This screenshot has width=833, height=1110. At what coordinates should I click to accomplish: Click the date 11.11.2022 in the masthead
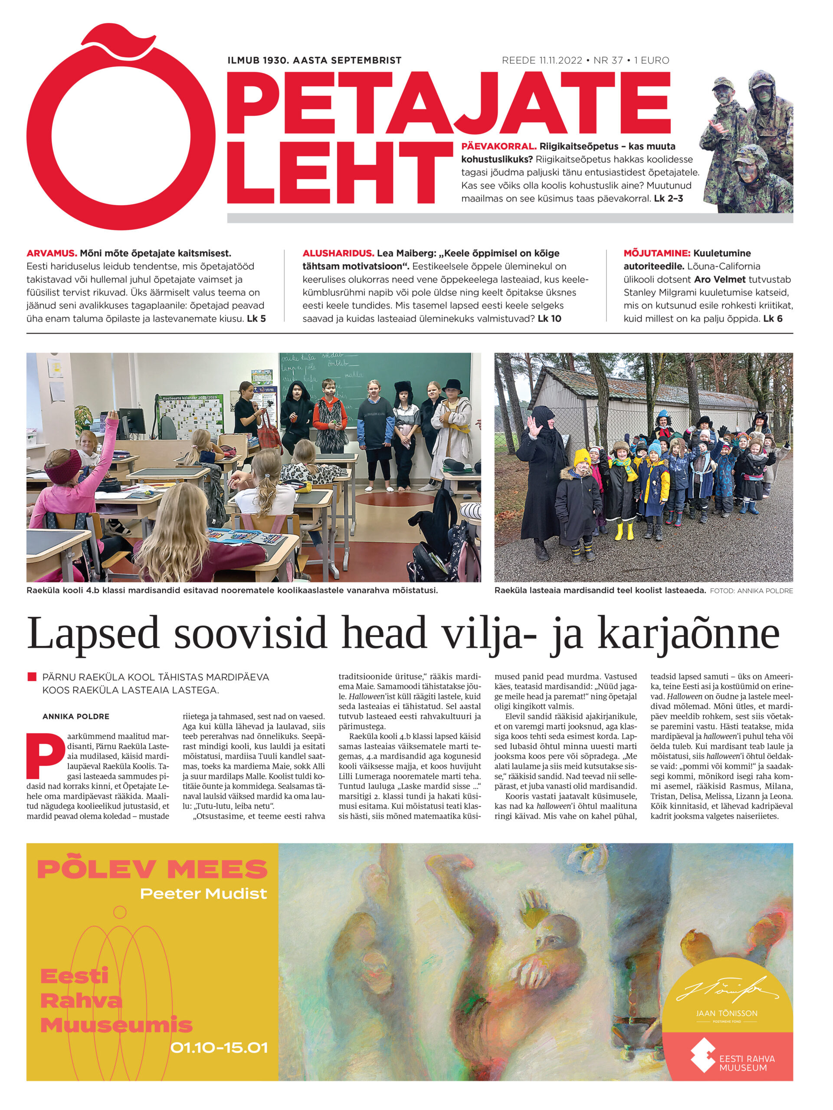(x=561, y=61)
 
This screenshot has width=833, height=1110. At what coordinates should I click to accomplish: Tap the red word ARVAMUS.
(x=52, y=253)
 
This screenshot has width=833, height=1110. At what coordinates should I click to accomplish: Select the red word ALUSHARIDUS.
(x=338, y=253)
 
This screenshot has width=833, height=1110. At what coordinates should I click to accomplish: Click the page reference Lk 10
(x=549, y=319)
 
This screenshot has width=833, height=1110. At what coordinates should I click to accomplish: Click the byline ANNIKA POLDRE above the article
(x=76, y=717)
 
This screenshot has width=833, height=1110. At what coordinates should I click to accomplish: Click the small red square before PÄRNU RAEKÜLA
(x=32, y=677)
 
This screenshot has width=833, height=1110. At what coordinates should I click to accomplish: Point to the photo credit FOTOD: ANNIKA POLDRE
(x=751, y=591)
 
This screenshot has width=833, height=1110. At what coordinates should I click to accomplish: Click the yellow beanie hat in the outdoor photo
(x=582, y=457)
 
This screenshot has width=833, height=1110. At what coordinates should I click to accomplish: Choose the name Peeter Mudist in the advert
(x=203, y=894)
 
